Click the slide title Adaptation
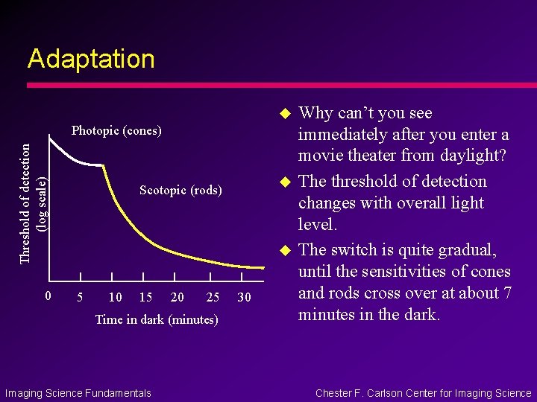tap(91, 59)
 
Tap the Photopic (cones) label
tap(116, 131)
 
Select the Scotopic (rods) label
tap(180, 191)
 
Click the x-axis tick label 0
tap(48, 296)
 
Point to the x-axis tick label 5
tap(80, 298)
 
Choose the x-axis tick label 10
tap(115, 298)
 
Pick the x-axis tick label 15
tap(145, 298)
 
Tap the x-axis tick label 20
tap(177, 298)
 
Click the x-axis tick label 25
tap(213, 298)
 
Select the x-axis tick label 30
tap(244, 298)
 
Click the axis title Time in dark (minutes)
tap(157, 320)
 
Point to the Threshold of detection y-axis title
tap(25, 203)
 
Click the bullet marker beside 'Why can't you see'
tap(283, 113)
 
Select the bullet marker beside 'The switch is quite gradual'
tap(283, 250)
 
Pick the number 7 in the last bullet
tap(506, 293)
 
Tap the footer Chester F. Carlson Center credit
tap(423, 393)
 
